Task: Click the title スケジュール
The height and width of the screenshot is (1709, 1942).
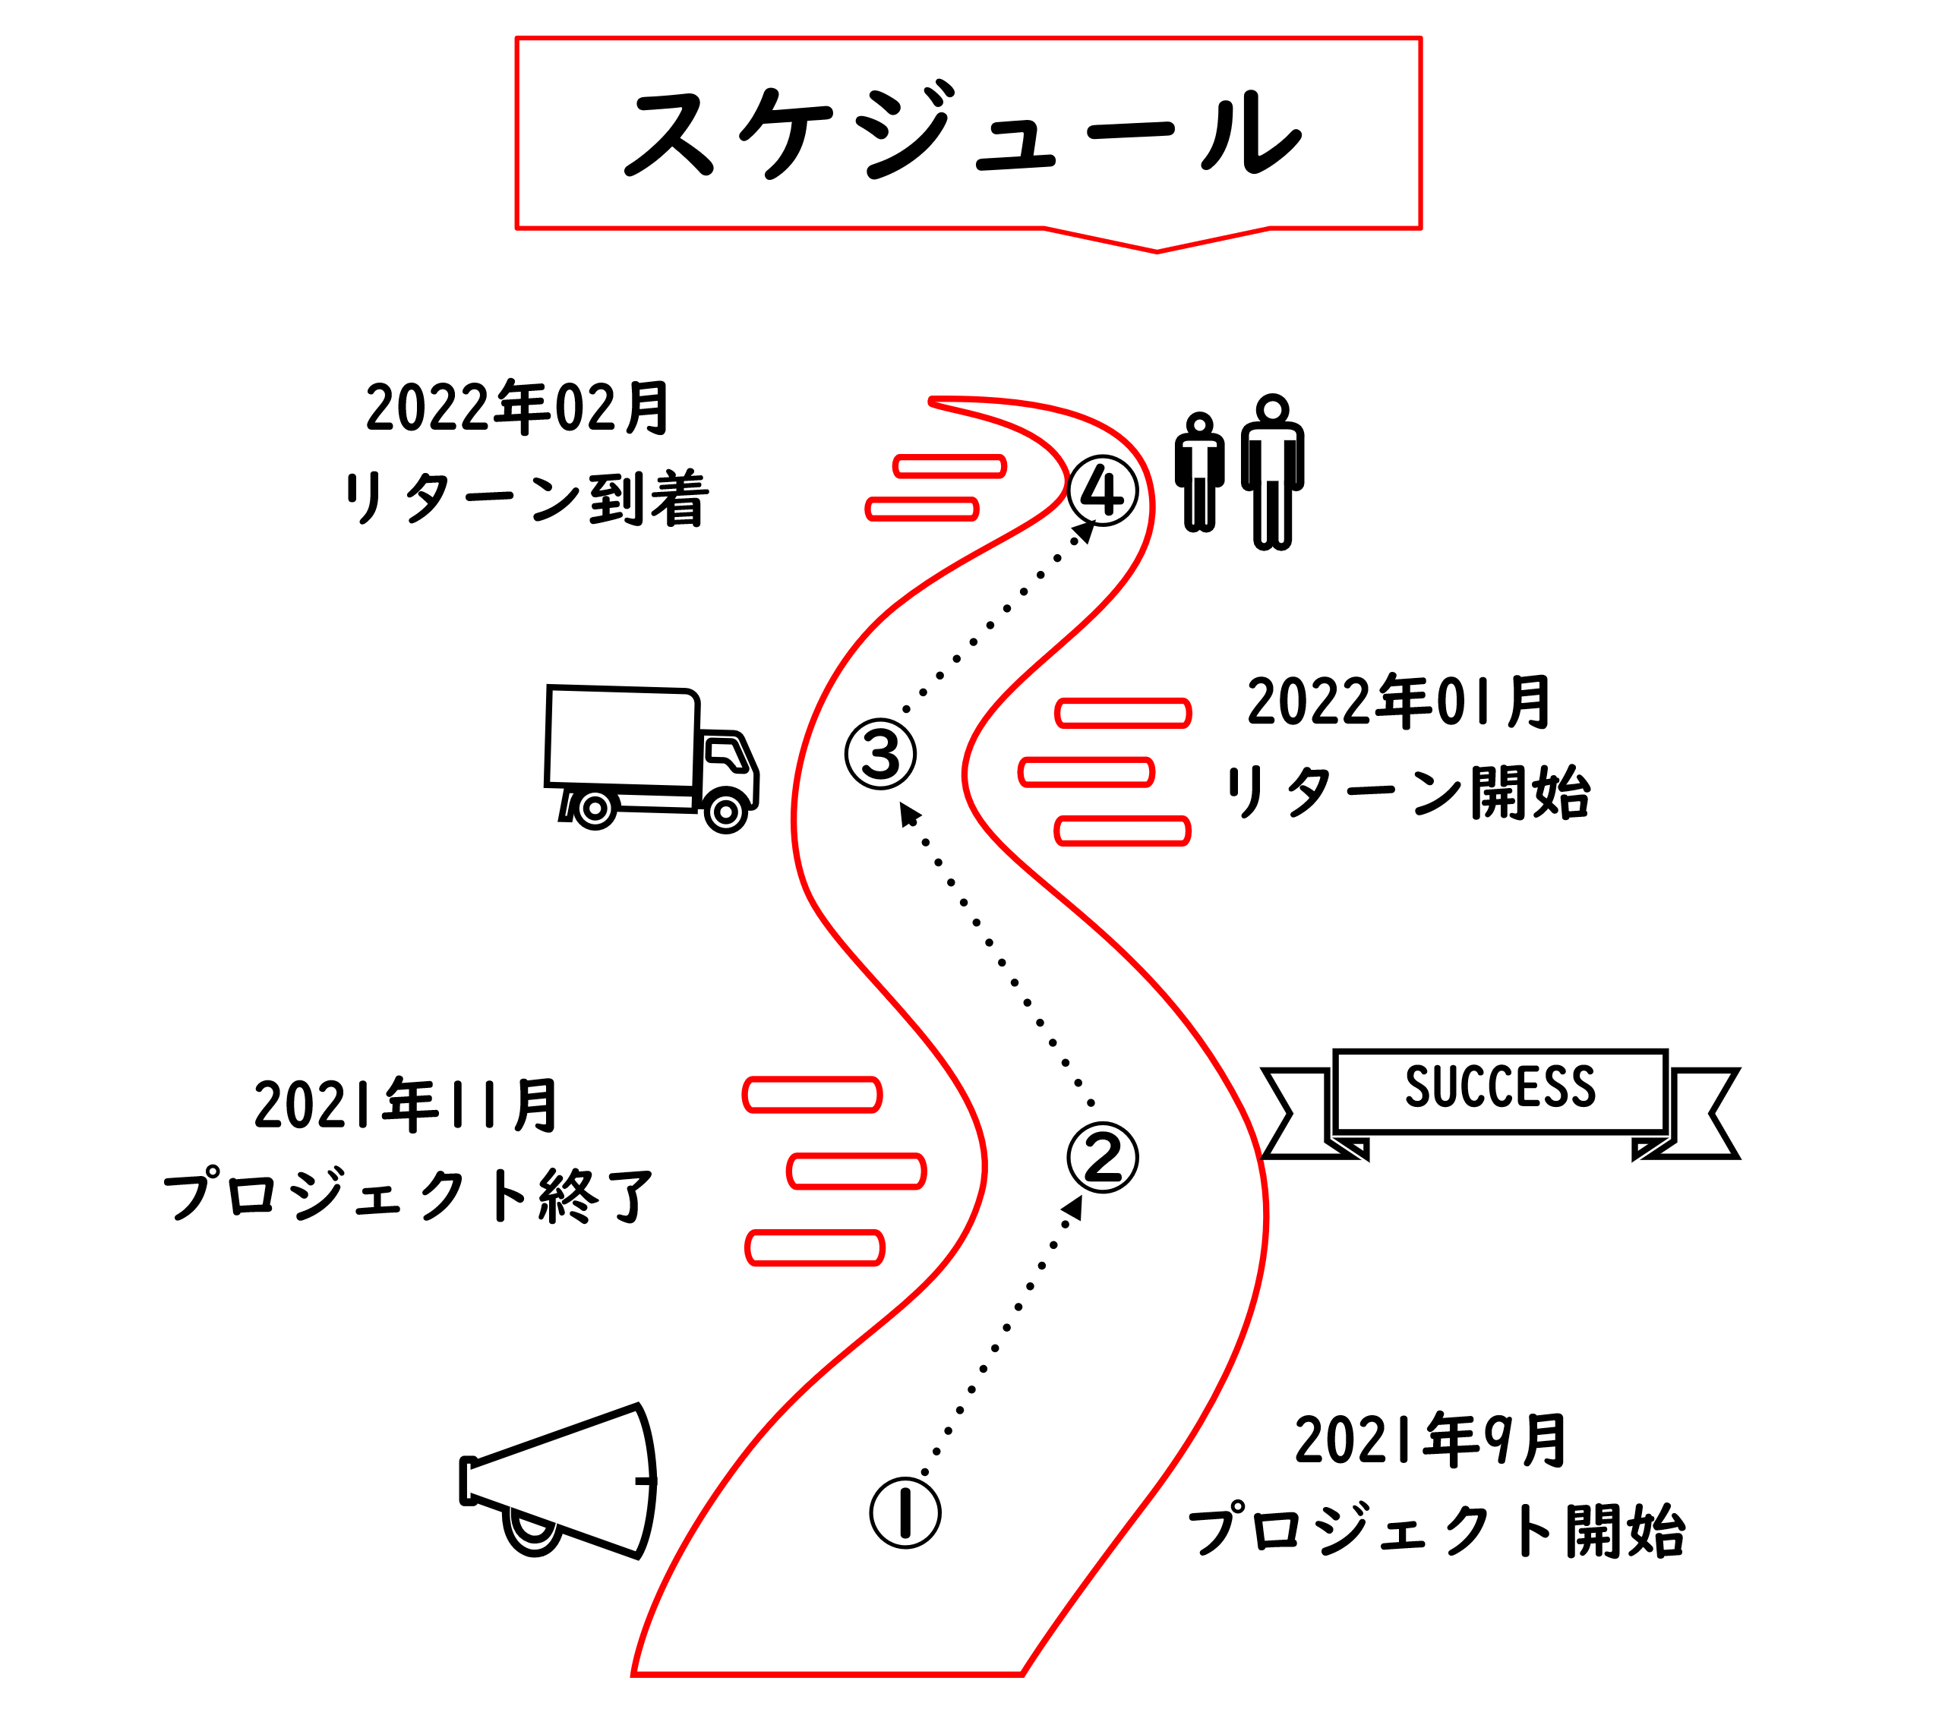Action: (965, 133)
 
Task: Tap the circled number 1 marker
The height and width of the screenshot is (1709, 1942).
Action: (905, 1512)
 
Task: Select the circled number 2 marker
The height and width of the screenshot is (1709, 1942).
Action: (1102, 1157)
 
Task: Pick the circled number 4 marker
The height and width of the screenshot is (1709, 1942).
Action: (1102, 491)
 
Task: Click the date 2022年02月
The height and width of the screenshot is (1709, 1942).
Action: (519, 408)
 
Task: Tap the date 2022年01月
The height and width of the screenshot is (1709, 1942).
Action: (1398, 703)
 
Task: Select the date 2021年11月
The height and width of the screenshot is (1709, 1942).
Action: (406, 1105)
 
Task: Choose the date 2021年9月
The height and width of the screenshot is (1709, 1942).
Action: (1431, 1441)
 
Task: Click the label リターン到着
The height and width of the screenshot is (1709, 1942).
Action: (526, 499)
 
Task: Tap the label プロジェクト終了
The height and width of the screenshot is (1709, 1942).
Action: (409, 1196)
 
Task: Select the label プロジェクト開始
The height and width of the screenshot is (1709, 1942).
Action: (1436, 1531)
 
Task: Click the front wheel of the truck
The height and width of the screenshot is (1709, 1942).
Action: (726, 812)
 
